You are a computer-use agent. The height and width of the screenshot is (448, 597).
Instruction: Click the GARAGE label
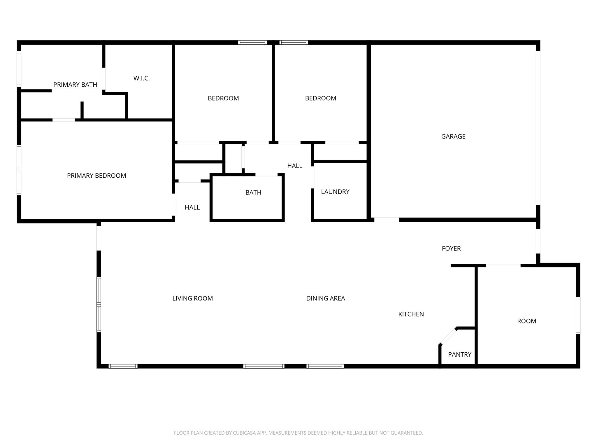click(453, 136)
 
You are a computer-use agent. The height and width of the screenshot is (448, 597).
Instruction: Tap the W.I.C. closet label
click(141, 78)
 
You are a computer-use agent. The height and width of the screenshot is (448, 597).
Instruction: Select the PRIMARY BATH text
click(75, 85)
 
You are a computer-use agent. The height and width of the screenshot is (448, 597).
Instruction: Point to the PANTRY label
click(459, 354)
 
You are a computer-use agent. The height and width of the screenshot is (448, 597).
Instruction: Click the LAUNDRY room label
click(335, 192)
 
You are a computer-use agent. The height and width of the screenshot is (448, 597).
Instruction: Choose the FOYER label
click(451, 249)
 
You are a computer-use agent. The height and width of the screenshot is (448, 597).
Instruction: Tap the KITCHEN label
click(411, 314)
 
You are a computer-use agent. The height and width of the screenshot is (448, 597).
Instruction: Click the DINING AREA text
click(325, 298)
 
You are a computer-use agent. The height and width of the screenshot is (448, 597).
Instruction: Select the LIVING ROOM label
click(192, 298)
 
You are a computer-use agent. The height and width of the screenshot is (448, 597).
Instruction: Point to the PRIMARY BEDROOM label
click(96, 176)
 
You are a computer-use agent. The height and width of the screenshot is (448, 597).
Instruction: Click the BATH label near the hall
click(253, 192)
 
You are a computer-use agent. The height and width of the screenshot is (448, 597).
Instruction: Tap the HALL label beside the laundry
click(294, 166)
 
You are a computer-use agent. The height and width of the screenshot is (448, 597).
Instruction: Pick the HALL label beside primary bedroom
click(192, 207)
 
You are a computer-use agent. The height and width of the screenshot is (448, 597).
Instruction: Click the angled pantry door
click(448, 336)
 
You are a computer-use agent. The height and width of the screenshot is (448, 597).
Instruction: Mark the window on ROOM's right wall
click(578, 315)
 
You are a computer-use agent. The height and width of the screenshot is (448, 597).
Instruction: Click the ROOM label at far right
click(526, 321)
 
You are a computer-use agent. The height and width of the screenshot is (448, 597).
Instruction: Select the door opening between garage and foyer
click(387, 220)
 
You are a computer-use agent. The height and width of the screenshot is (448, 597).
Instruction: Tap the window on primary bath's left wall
click(19, 69)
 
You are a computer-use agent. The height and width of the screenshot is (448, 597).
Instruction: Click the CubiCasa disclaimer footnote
click(298, 433)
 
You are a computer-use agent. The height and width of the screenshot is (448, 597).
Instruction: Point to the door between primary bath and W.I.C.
click(104, 79)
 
